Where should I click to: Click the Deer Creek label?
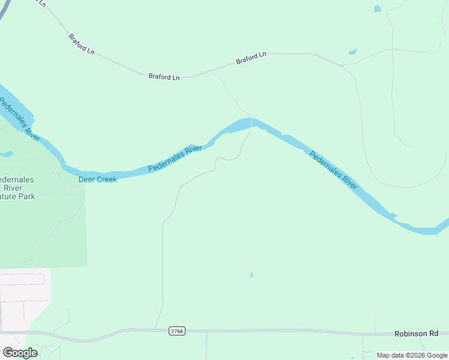(x=98, y=179)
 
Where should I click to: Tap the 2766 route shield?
(x=176, y=331)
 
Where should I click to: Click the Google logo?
(x=20, y=353)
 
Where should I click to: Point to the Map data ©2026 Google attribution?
(x=412, y=355)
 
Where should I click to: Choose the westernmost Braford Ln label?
(x=81, y=44)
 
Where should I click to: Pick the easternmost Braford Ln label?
(x=251, y=58)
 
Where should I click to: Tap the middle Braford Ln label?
(x=164, y=77)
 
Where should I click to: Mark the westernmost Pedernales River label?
(x=20, y=120)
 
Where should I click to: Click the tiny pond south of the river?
(x=251, y=275)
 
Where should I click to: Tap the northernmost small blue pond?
(x=377, y=9)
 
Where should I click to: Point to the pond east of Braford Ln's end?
(x=352, y=52)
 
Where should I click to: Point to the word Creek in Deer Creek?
(x=106, y=179)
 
